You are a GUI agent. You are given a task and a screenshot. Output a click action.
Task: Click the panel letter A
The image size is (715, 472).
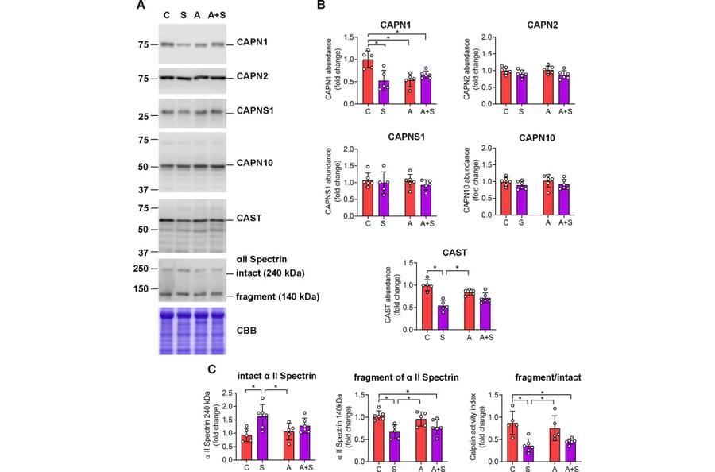click(x=141, y=6)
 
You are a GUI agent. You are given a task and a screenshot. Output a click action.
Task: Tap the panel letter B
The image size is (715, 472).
click(x=321, y=6)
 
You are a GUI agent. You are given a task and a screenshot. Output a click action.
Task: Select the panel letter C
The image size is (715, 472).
click(x=211, y=369)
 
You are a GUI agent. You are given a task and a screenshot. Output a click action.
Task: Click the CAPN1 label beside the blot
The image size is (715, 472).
click(x=252, y=41)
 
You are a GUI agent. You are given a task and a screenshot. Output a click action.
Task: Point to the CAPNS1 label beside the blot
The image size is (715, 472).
click(x=255, y=111)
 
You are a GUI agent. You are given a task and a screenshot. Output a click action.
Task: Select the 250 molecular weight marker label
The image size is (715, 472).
click(x=141, y=269)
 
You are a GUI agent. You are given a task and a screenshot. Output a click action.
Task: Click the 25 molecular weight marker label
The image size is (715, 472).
click(x=145, y=117)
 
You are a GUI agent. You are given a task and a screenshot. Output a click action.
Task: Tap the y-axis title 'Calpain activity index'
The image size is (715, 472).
click(x=475, y=426)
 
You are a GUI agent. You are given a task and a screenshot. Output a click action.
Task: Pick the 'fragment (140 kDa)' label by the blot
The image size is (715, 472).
click(x=279, y=296)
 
